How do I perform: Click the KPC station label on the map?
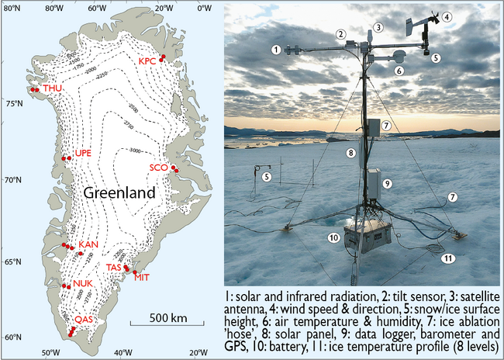tap(147, 62)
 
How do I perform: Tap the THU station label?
tap(53, 89)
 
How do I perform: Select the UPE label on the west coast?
tap(83, 154)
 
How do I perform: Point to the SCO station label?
tap(159, 167)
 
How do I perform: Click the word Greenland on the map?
tap(119, 192)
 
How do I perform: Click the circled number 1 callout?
tap(277, 50)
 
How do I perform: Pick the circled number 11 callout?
tap(447, 258)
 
